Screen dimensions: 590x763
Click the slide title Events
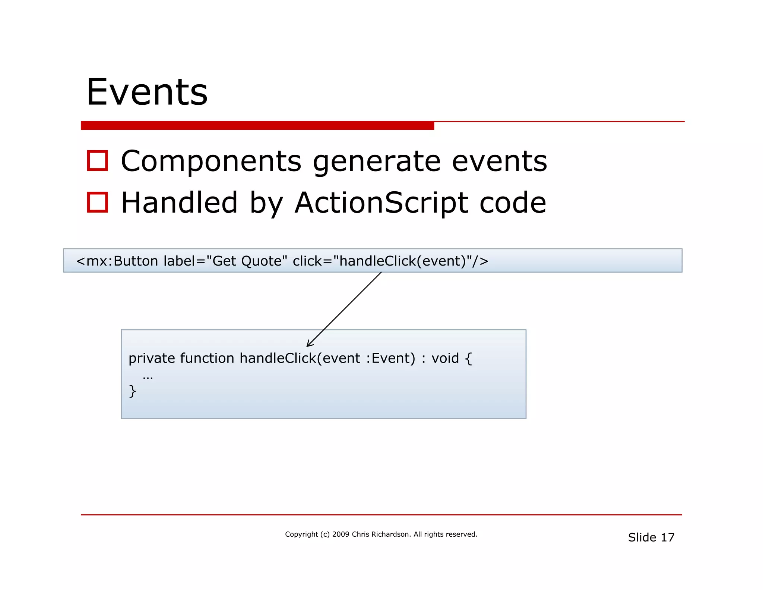point(147,92)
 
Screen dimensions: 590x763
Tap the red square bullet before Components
point(97,161)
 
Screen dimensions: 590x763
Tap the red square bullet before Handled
point(97,202)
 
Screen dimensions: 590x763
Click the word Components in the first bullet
point(211,161)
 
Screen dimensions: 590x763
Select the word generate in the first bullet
point(376,162)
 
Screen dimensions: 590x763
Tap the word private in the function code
point(152,358)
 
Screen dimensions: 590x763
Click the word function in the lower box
point(207,358)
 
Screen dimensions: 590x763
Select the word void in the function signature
point(445,358)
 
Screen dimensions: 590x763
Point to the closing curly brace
point(132,391)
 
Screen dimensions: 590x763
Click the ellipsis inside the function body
point(148,378)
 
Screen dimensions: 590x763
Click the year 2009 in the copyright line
point(341,534)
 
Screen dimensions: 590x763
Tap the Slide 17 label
point(651,537)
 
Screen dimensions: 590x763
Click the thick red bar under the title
point(257,125)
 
